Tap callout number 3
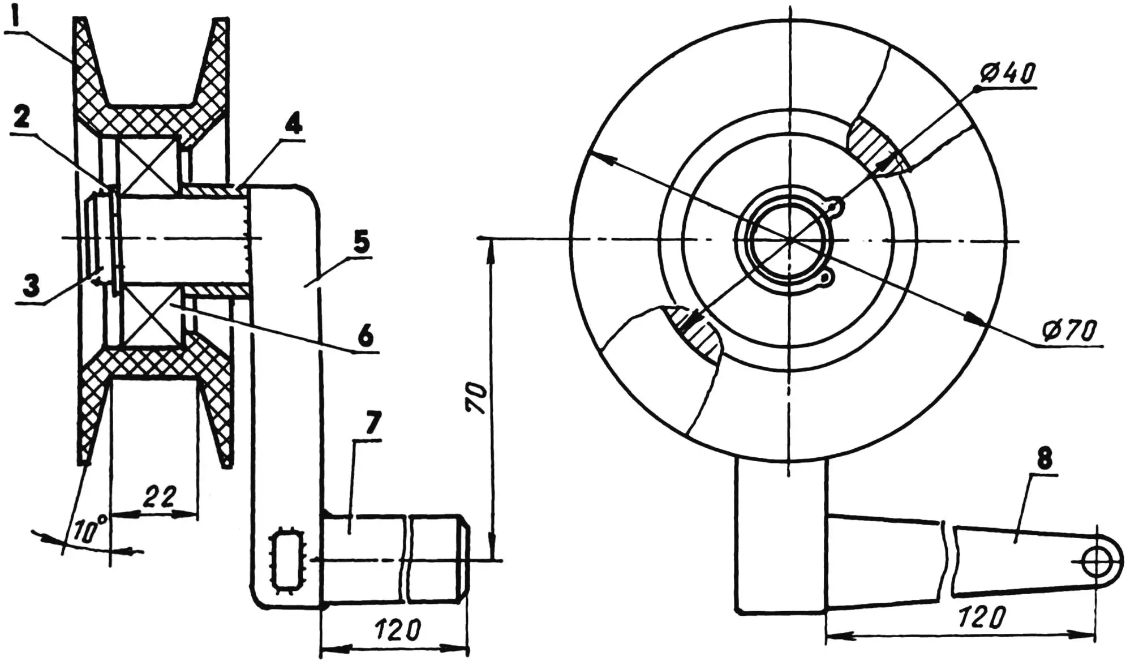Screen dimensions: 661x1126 tap(31, 286)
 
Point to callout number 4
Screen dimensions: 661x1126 tap(293, 122)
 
